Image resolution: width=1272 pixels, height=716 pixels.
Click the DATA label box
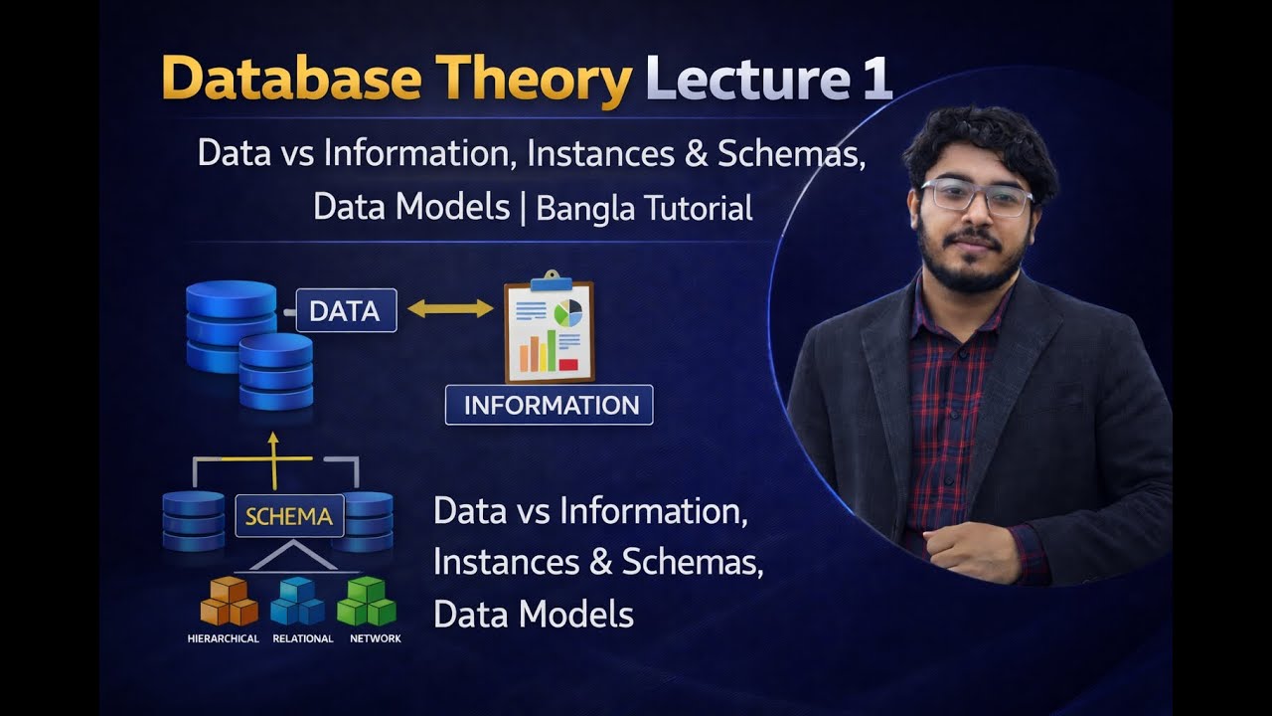tap(345, 310)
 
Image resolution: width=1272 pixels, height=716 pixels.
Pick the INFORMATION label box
tap(549, 405)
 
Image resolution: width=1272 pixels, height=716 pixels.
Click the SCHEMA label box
tap(288, 516)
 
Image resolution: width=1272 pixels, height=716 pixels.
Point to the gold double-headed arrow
tap(450, 308)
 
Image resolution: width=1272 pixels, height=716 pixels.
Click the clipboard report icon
tap(549, 332)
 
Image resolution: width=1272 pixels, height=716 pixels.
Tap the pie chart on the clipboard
tap(568, 313)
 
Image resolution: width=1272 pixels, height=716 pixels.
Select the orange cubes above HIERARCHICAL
tap(229, 602)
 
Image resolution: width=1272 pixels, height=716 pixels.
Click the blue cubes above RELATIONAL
tap(298, 602)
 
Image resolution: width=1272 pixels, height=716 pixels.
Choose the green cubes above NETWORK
tap(367, 601)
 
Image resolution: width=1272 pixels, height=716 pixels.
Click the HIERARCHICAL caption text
tap(223, 638)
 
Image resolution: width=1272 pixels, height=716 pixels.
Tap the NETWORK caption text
tap(376, 638)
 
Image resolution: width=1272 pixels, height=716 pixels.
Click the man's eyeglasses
tap(975, 196)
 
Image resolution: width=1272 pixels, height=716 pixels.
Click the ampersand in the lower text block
tap(599, 562)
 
